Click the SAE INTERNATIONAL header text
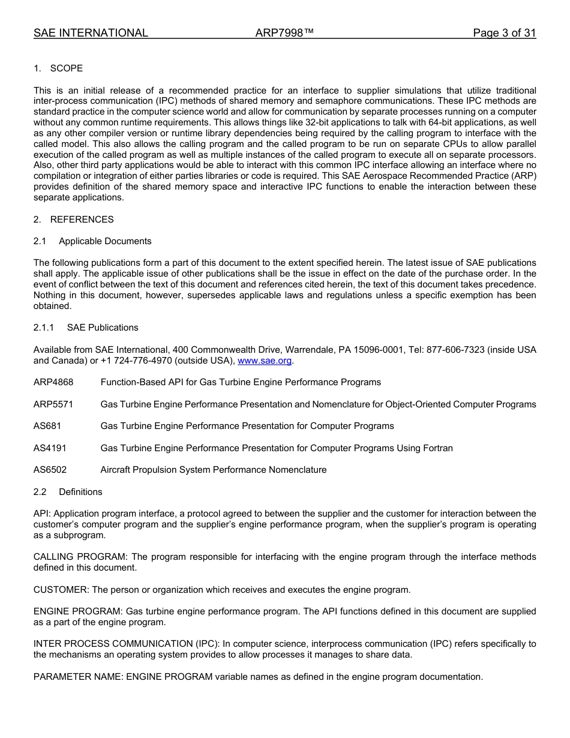[x=91, y=33]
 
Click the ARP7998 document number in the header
[x=284, y=33]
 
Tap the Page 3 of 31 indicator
[x=504, y=33]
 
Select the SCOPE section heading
[x=66, y=68]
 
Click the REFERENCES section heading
[x=82, y=220]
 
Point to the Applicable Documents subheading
[x=105, y=241]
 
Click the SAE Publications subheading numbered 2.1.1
[x=103, y=328]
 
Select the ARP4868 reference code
[x=53, y=382]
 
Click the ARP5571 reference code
[x=53, y=404]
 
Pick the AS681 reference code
[x=47, y=426]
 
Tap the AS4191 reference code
[x=50, y=448]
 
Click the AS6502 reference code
[x=50, y=470]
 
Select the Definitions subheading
[x=80, y=492]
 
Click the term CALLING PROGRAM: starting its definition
[x=81, y=557]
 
